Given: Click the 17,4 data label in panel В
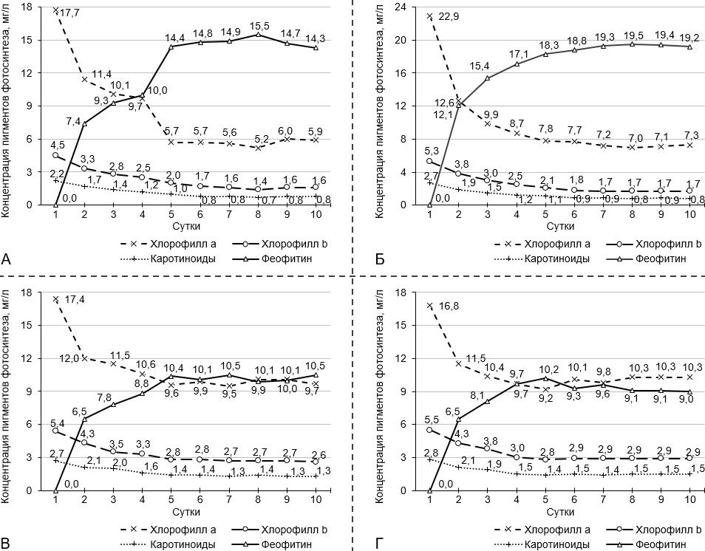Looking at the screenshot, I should pos(75,299).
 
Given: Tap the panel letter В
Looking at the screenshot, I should pos(7,544).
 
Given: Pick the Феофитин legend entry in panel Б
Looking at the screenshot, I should pos(664,259).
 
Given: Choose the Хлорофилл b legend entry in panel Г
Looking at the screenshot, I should pos(667,528).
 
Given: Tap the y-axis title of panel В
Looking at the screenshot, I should pos(10,388).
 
